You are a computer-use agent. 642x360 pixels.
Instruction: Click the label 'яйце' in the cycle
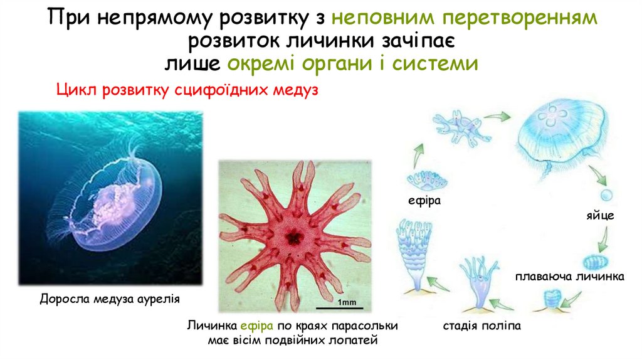(x=600, y=216)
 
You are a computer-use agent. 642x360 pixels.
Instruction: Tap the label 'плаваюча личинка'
(x=570, y=276)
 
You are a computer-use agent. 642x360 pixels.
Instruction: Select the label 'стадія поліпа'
(x=481, y=327)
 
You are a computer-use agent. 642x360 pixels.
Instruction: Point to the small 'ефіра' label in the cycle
(x=425, y=201)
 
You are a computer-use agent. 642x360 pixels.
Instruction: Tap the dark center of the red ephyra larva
(x=293, y=237)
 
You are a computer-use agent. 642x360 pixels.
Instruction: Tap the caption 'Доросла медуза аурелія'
(x=110, y=299)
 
